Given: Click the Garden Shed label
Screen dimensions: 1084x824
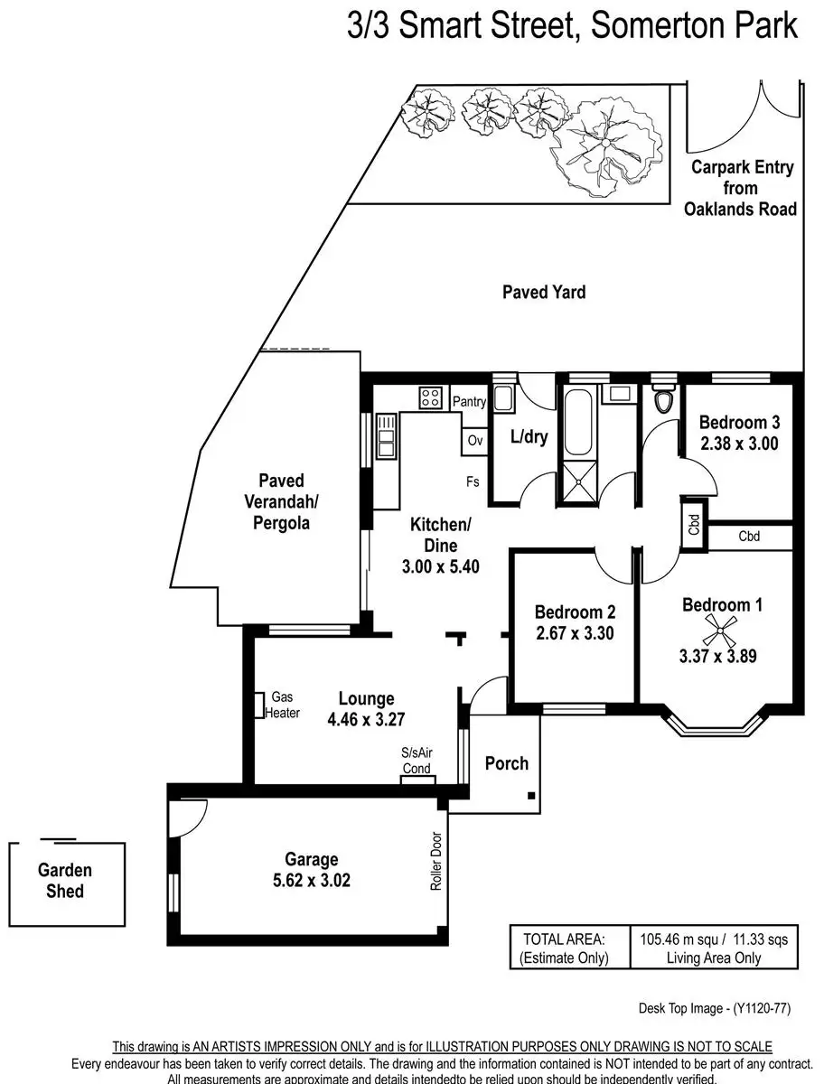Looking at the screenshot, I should (x=65, y=881).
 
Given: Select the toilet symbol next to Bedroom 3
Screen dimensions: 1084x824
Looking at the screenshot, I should (x=664, y=399).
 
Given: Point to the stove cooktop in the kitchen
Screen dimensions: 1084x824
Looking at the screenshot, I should (x=430, y=397).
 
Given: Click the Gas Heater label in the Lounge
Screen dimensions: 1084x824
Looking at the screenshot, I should (x=283, y=705).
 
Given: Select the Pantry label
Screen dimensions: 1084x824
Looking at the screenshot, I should (x=469, y=402).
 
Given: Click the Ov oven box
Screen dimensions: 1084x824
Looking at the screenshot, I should (x=474, y=441).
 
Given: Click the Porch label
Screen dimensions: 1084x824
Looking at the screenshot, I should (x=506, y=763).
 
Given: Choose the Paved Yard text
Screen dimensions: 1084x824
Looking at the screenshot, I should (x=544, y=292).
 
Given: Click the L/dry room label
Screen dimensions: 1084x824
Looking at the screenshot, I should (x=529, y=436).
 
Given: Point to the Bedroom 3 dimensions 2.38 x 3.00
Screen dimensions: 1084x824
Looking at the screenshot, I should (x=739, y=444).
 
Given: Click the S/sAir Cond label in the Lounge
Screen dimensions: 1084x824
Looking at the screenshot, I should (x=417, y=760).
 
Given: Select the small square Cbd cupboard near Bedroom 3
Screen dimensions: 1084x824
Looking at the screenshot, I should (x=694, y=525).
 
